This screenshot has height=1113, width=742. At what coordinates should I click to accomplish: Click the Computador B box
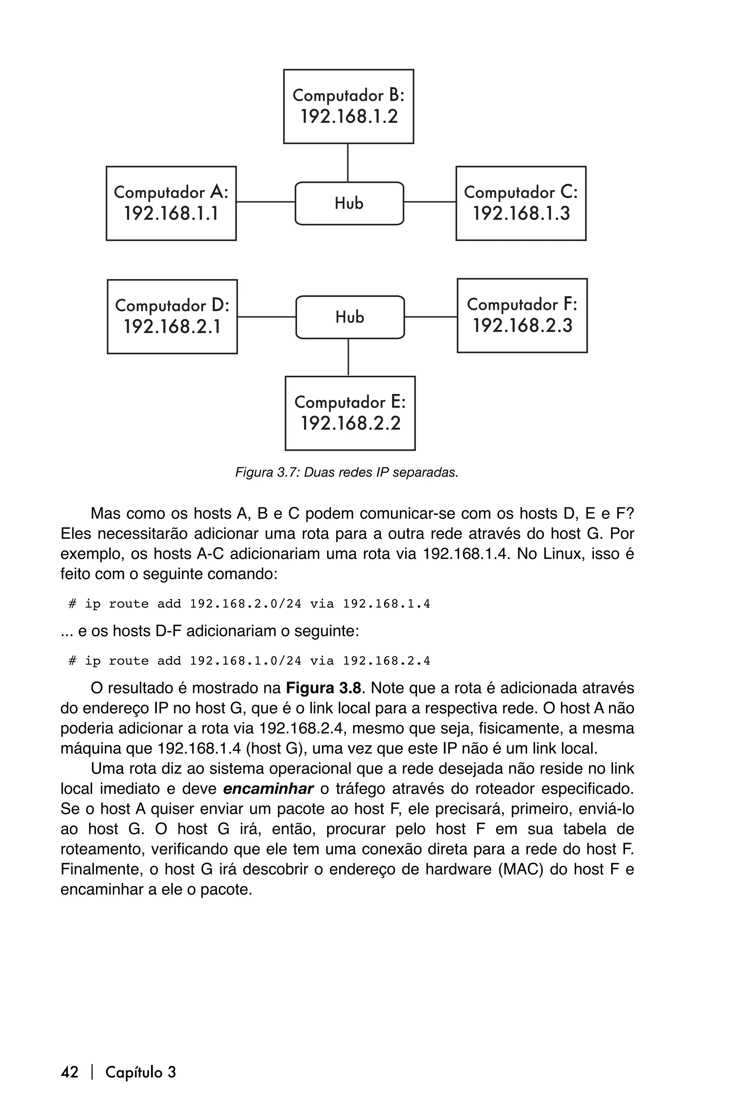[348, 106]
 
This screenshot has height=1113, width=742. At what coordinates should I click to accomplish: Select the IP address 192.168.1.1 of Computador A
[171, 214]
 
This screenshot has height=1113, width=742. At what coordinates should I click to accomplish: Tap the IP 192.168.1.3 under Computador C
[521, 214]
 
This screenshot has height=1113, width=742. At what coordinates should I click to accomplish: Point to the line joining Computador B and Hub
[348, 163]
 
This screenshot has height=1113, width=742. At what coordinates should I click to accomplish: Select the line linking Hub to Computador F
[431, 317]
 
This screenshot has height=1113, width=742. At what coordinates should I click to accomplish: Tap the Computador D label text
[172, 306]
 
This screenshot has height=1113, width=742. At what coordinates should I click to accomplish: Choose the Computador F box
[522, 315]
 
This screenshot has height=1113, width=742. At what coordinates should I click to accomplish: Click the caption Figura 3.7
[347, 472]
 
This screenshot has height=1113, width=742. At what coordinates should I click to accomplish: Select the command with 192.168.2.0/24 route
[249, 604]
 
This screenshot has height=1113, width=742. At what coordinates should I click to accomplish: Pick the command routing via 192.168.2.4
[249, 661]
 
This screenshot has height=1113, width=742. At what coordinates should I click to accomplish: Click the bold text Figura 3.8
[323, 688]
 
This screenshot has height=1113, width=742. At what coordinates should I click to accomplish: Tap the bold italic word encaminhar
[268, 789]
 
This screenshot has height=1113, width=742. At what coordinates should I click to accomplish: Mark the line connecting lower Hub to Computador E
[348, 357]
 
